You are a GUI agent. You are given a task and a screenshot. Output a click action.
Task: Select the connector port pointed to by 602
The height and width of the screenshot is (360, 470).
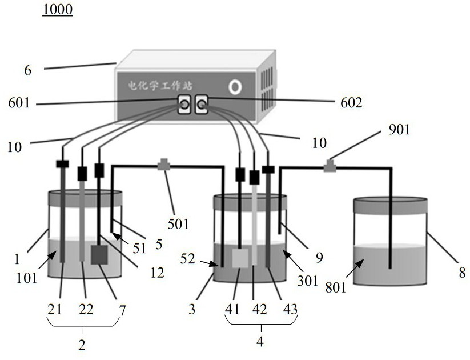[202, 104]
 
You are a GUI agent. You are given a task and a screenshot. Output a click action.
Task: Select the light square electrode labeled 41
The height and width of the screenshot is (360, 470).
[240, 258]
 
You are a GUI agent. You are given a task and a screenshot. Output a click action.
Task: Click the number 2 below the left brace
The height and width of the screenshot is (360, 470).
[82, 345]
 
